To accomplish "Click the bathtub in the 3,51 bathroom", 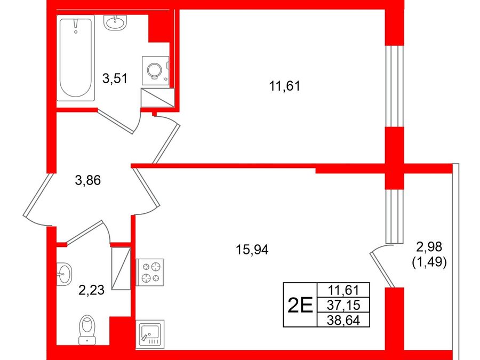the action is (76, 59).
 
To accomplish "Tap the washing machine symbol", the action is (155, 71).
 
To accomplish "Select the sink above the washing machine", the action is (115, 22).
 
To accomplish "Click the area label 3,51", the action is (115, 79).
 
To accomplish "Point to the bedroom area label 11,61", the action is (285, 86).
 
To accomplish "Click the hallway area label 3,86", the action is (88, 180).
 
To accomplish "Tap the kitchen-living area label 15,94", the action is (252, 250).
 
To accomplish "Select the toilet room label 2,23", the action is (92, 290).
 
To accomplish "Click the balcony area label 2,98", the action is (429, 246).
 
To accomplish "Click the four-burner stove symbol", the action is (150, 272).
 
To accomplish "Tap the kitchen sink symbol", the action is (150, 334).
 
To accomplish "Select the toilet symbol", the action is (87, 330).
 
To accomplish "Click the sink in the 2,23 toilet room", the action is (65, 274).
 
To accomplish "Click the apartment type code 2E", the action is (300, 305).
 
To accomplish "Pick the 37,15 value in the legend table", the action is (343, 305).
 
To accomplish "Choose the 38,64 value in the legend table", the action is (343, 320).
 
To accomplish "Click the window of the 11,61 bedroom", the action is (394, 86).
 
